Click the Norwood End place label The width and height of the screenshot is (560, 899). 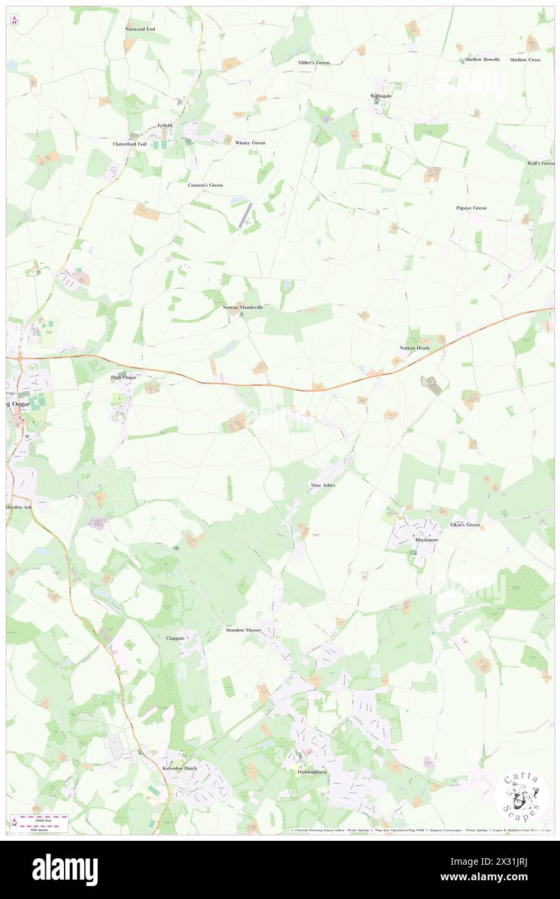(x=140, y=29)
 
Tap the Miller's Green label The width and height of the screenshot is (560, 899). (x=314, y=63)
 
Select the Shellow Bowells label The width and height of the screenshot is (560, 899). (x=482, y=60)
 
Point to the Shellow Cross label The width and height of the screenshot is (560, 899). (x=525, y=60)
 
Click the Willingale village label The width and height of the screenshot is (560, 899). (x=381, y=96)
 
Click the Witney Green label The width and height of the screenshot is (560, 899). (x=250, y=142)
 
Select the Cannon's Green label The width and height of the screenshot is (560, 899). (x=205, y=185)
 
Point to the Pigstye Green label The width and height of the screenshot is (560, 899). (x=471, y=208)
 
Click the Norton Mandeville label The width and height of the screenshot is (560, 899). (x=243, y=307)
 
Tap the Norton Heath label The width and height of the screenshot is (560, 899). (x=414, y=348)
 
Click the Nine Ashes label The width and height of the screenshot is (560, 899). (x=323, y=484)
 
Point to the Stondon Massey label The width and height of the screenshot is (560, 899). (x=243, y=629)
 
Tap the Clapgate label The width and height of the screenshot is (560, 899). (x=175, y=638)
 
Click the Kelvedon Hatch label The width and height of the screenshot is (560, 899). (x=180, y=768)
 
